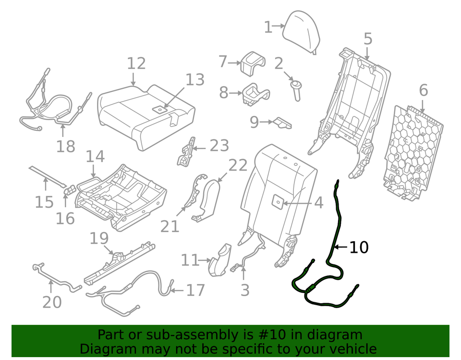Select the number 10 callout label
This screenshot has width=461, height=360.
(359, 247)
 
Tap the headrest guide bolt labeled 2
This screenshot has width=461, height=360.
(296, 90)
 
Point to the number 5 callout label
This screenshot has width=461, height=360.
(368, 39)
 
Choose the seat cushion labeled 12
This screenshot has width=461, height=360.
(146, 116)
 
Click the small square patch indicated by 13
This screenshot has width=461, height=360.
(160, 110)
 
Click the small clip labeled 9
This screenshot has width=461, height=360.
(283, 123)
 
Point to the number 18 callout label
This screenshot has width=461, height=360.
(66, 146)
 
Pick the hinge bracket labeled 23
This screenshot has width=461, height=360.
(186, 151)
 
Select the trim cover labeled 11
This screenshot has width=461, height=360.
(220, 260)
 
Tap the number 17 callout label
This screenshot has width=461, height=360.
(195, 290)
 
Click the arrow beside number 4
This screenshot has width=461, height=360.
(298, 203)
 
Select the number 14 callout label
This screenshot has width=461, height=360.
(95, 157)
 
